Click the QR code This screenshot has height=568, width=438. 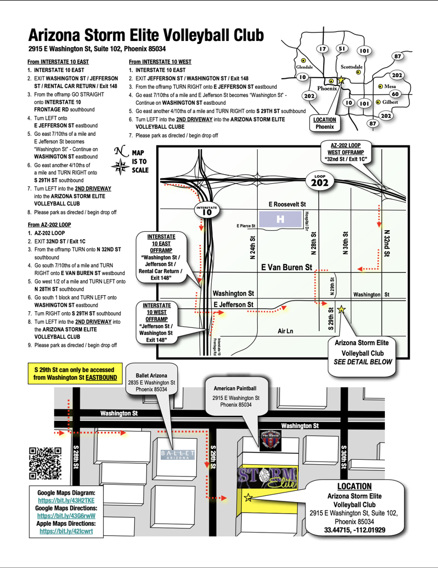pyautogui.click(x=45, y=463)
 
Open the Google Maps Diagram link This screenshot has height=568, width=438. pyautogui.click(x=66, y=500)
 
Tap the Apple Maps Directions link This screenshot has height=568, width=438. pyautogui.click(x=66, y=531)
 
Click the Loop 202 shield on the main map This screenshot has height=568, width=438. pyautogui.click(x=320, y=181)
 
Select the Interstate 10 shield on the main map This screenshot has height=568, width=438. pyautogui.click(x=207, y=210)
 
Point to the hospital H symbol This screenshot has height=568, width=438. pyautogui.click(x=280, y=219)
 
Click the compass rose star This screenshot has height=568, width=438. pyautogui.click(x=120, y=167)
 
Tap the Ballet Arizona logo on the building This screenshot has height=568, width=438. pyautogui.click(x=178, y=455)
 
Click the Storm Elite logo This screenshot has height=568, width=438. pyautogui.click(x=267, y=478)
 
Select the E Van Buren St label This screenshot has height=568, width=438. pyautogui.click(x=287, y=267)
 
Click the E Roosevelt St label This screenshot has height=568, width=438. pyautogui.click(x=287, y=204)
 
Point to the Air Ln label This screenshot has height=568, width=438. pyautogui.click(x=285, y=331)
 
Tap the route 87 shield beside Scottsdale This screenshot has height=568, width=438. pyautogui.click(x=398, y=56)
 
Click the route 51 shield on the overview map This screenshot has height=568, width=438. pyautogui.click(x=342, y=49)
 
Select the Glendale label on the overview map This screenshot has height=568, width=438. pyautogui.click(x=304, y=67)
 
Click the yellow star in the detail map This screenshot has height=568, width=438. pyautogui.click(x=248, y=498)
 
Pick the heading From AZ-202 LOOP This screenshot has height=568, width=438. pyautogui.click(x=49, y=225)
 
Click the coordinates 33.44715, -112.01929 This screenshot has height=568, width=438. pyautogui.click(x=355, y=530)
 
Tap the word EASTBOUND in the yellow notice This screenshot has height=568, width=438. pyautogui.click(x=101, y=377)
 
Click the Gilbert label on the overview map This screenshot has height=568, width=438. pyautogui.click(x=390, y=102)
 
